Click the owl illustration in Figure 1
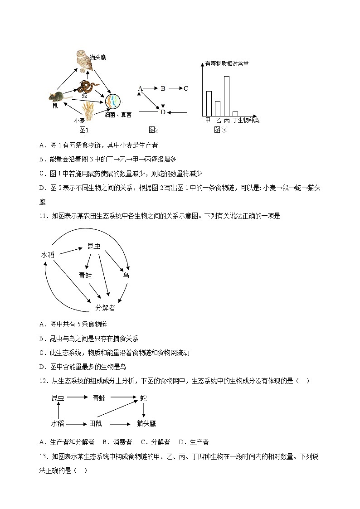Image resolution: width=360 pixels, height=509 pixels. tap(84, 61)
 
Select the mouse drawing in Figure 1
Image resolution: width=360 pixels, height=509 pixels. tap(57, 96)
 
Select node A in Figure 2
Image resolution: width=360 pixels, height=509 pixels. tap(140, 88)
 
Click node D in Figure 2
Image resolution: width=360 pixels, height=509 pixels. tap(163, 112)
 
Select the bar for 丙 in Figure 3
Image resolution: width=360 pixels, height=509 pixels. tap(226, 96)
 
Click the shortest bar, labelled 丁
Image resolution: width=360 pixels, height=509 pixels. tap(235, 114)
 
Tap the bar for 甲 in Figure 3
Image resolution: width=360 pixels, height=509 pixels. tap(209, 103)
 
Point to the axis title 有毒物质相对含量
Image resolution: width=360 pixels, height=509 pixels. tap(227, 64)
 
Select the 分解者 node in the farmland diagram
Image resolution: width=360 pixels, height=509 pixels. tap(105, 308)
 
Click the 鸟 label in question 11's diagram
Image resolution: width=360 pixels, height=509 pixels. tap(126, 275)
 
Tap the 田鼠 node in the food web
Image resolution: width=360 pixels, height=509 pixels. tap(95, 423)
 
